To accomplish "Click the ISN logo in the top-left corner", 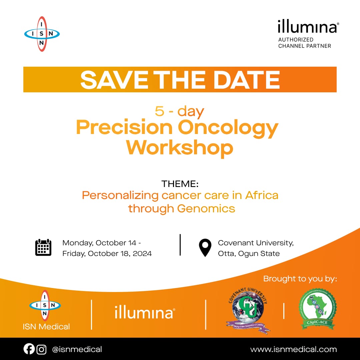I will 42,34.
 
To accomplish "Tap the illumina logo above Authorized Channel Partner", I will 307,27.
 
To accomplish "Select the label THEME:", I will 180,184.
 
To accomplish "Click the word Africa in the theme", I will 262,195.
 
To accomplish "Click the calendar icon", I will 43,247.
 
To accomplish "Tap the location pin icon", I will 205,248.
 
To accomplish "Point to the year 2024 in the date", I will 141,254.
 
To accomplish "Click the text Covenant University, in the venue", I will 256,243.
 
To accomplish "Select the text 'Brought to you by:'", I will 300,279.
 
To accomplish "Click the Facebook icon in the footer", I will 29,349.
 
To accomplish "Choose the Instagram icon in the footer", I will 41,349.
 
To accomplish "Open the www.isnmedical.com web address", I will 293,349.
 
